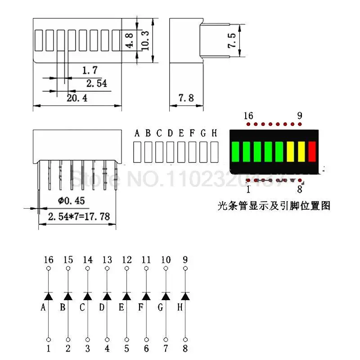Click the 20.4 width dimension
pyautogui.click(x=77, y=98)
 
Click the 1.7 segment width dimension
pyautogui.click(x=90, y=70)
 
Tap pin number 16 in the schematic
pyautogui.click(x=49, y=260)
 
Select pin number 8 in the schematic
pyautogui.click(x=185, y=348)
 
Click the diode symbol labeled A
pyautogui.click(x=49, y=296)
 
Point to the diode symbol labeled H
pyautogui.click(x=185, y=296)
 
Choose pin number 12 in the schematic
pyautogui.click(x=127, y=260)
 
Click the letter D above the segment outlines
pyautogui.click(x=170, y=133)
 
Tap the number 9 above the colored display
pyautogui.click(x=300, y=116)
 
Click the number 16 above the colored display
pyautogui.click(x=248, y=116)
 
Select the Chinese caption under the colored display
pyautogui.click(x=274, y=206)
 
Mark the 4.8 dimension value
pyautogui.click(x=129, y=40)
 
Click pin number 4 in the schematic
pyautogui.click(x=107, y=348)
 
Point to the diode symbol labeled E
pyautogui.click(x=127, y=296)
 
